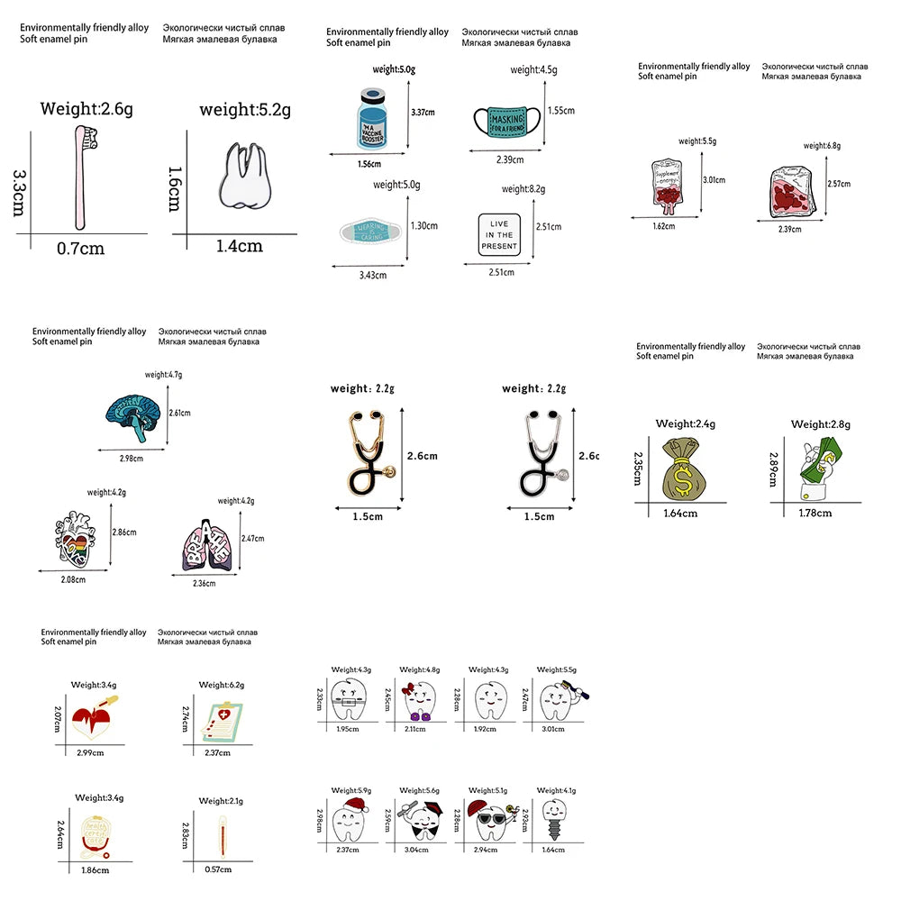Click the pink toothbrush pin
(80, 176)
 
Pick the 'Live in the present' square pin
(499, 234)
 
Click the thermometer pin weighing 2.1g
(219, 833)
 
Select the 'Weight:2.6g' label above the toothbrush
(86, 109)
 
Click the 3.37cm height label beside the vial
(423, 113)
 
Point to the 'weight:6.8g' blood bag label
(821, 145)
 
